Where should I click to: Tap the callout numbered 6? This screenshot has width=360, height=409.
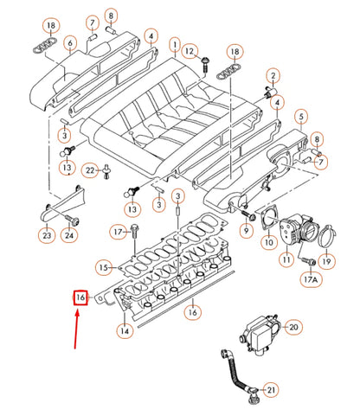69,42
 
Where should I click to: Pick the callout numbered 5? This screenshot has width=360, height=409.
301,116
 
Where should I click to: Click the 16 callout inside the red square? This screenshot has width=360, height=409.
80,298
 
